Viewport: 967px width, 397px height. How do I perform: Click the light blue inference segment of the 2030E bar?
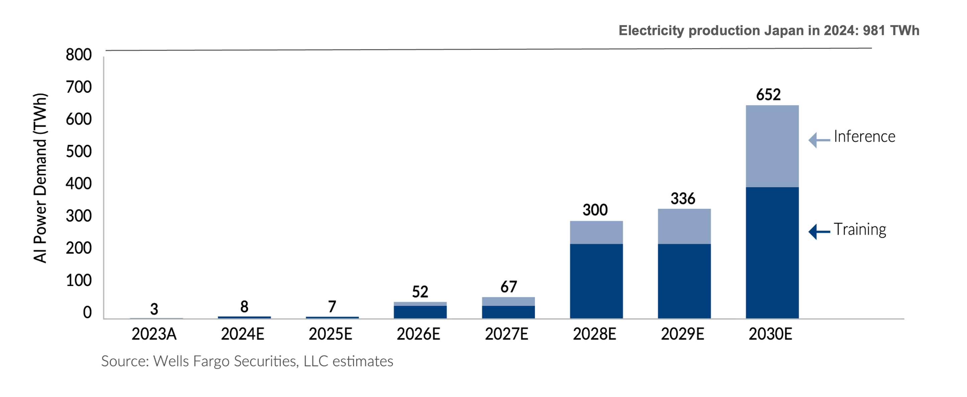coord(772,146)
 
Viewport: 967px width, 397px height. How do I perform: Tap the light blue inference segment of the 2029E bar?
coord(684,226)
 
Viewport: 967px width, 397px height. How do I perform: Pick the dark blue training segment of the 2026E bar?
coord(420,312)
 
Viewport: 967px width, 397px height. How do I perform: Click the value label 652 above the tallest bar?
coord(768,94)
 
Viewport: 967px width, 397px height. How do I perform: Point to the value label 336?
coord(683,198)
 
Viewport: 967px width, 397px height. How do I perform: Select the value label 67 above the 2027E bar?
coord(508,287)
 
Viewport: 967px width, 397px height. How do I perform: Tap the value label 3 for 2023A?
coord(154,309)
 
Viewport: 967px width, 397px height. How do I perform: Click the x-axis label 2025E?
coord(330,334)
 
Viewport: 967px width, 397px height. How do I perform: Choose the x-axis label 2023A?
coord(154,334)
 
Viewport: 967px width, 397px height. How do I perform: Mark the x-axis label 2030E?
coord(770,334)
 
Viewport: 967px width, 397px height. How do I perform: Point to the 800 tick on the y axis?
coord(79,55)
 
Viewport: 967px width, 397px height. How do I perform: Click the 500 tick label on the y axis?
coord(79,152)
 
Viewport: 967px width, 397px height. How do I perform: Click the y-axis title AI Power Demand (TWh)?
coord(40,178)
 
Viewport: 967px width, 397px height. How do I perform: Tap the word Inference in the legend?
coord(864,136)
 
